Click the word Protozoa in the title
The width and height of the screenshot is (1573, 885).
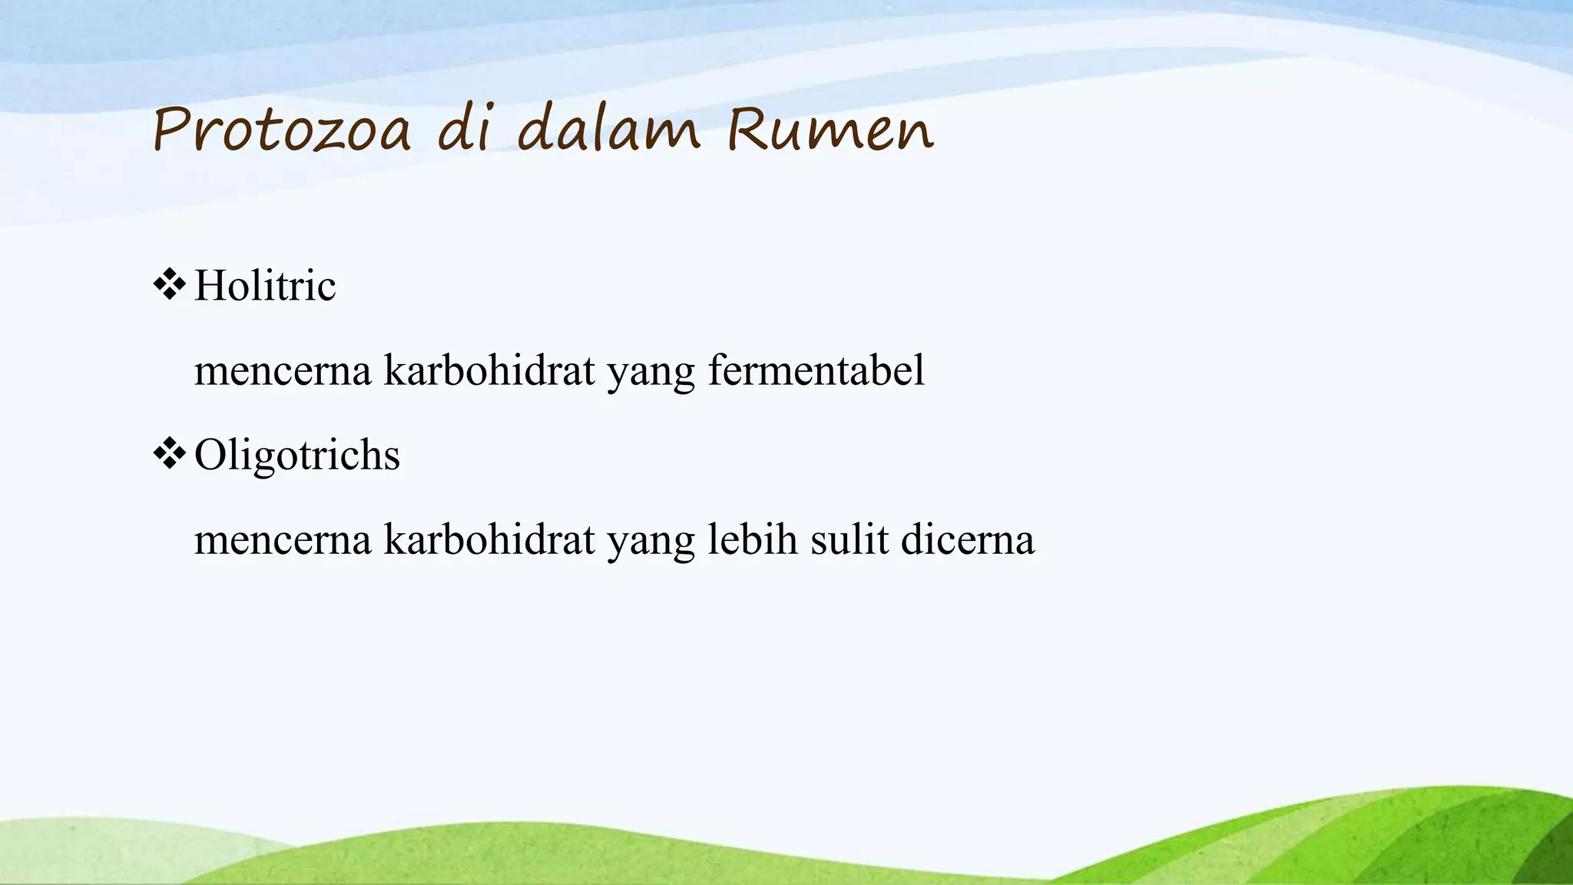tap(282, 130)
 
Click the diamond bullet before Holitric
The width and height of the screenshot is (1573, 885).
tap(170, 285)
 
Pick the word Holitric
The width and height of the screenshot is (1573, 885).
tap(265, 286)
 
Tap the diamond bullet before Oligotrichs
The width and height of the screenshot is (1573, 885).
tap(170, 454)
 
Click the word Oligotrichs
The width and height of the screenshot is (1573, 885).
tap(297, 455)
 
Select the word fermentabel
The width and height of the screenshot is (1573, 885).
tap(816, 370)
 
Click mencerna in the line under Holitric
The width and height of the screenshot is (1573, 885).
tap(283, 372)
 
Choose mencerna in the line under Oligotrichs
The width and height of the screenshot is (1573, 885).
tap(283, 541)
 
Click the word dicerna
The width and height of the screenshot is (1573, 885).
tap(968, 539)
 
